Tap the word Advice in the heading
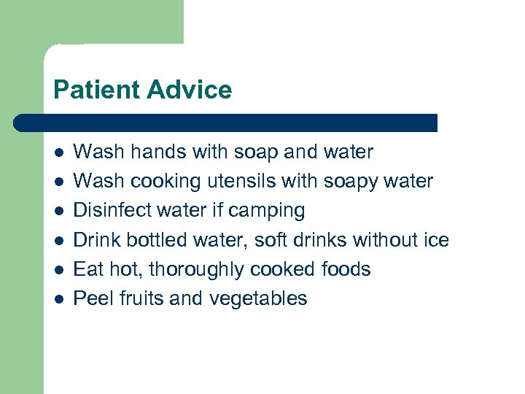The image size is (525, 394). (x=189, y=90)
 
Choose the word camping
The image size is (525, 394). (x=266, y=211)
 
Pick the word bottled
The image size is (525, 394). (x=160, y=240)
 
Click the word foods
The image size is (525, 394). (x=346, y=269)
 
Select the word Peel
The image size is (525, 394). (x=91, y=298)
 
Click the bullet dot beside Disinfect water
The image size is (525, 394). (x=59, y=212)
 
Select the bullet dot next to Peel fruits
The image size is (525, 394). (x=59, y=299)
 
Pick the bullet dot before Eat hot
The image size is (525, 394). (x=59, y=270)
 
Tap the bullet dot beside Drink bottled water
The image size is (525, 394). (x=59, y=241)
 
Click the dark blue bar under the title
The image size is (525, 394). (x=226, y=123)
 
